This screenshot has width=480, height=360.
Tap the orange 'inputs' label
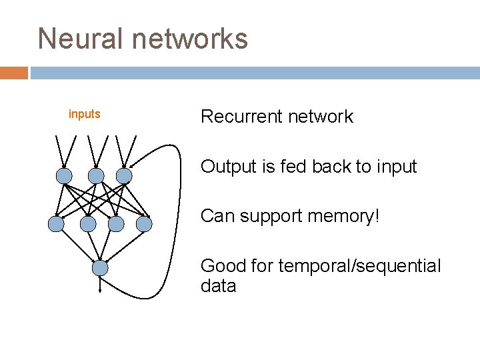tap(85, 114)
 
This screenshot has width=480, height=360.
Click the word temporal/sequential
tap(359, 266)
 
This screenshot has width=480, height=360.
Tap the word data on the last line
tap(218, 286)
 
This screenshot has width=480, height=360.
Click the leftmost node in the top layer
tap(63, 175)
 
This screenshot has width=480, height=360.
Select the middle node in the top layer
tap(97, 175)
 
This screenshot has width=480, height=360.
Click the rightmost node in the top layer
tap(124, 175)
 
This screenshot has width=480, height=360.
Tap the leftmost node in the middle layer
tap(57, 224)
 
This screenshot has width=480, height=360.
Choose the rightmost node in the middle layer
tap(144, 224)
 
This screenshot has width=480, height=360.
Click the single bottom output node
tap(100, 268)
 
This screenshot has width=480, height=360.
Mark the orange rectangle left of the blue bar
tap(14, 73)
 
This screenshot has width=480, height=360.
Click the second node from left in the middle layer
tap(88, 224)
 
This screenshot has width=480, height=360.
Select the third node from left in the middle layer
tap(116, 224)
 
